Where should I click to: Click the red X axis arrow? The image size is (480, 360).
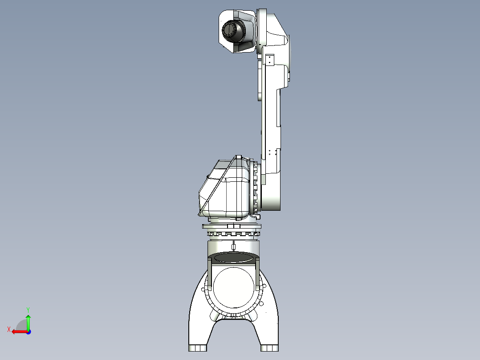(18, 331)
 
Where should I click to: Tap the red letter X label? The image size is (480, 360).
(9, 329)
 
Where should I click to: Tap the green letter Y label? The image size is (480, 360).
(28, 309)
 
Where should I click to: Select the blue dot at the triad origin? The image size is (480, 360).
(28, 332)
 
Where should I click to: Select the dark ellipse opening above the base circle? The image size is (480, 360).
(233, 257)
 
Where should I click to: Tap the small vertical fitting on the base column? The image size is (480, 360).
(233, 246)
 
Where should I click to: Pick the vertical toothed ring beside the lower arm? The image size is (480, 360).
(256, 187)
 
